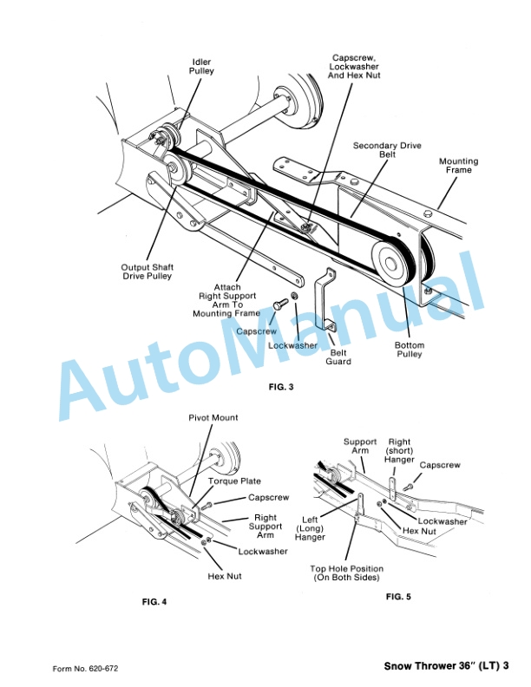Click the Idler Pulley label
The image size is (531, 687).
pyautogui.click(x=203, y=66)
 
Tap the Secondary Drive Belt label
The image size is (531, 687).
pyautogui.click(x=387, y=151)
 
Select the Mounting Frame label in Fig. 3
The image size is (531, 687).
pyautogui.click(x=458, y=166)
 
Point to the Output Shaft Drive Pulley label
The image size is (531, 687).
pyautogui.click(x=147, y=272)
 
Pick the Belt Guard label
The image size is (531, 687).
pyautogui.click(x=338, y=357)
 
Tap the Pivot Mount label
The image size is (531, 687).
pyautogui.click(x=213, y=418)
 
